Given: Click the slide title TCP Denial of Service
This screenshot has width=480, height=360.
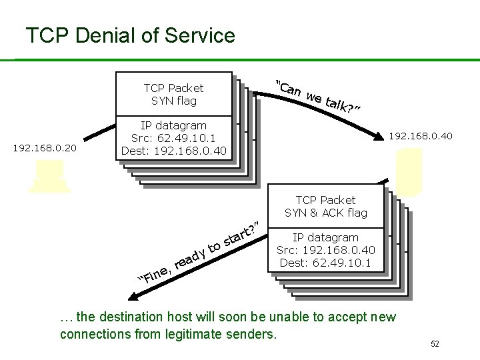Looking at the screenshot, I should tap(130, 35).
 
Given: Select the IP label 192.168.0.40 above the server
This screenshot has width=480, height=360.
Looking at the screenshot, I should tap(421, 137).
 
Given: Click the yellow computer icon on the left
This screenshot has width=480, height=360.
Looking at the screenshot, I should tap(49, 176).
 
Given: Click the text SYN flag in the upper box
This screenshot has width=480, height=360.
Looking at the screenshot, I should tap(174, 101).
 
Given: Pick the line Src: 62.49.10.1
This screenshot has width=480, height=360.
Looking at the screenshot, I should tap(174, 137).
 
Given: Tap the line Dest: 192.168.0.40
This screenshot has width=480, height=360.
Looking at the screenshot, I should tap(174, 150).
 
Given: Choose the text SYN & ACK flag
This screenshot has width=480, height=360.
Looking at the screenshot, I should tap(326, 213).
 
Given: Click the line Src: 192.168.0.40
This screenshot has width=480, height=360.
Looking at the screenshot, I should tap(326, 250).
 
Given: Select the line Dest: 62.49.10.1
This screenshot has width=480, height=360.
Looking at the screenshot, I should tap(326, 263).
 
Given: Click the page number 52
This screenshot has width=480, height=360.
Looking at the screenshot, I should tap(435, 344).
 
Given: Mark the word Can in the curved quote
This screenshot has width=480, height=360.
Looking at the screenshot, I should tap(291, 89).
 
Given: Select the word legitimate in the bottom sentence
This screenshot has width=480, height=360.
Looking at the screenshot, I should tap(215, 333).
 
